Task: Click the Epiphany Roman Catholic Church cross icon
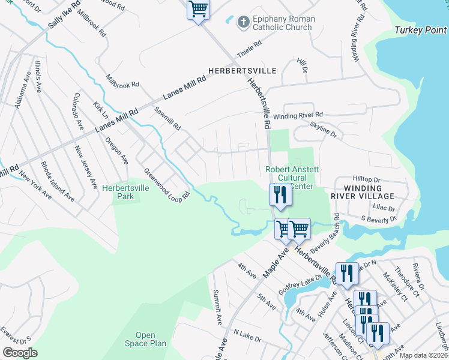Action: (x=243, y=22)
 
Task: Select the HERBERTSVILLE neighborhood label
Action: (x=242, y=71)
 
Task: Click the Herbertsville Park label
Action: (x=125, y=191)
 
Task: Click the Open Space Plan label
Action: (x=145, y=339)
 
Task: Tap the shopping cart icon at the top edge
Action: (x=198, y=9)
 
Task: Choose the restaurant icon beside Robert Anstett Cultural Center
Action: (x=279, y=194)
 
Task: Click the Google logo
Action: (x=20, y=352)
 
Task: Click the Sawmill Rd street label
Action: (x=167, y=118)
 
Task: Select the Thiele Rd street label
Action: (x=250, y=47)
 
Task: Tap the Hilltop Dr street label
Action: (x=367, y=179)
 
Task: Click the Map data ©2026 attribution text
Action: (x=423, y=355)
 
